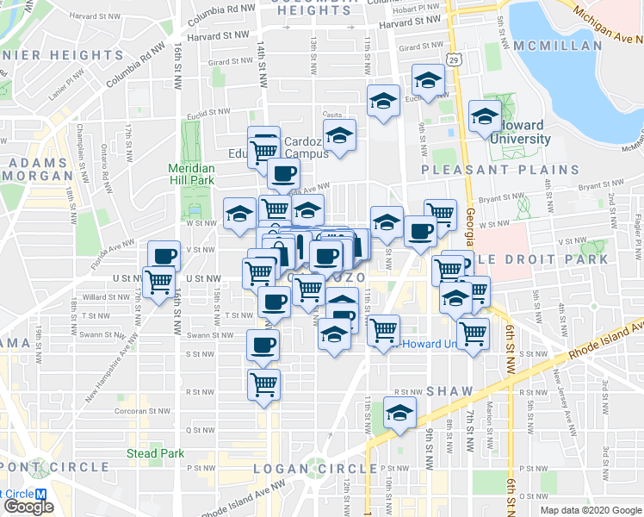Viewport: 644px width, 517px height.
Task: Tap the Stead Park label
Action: tap(155, 453)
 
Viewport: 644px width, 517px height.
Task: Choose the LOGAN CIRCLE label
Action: tap(315, 468)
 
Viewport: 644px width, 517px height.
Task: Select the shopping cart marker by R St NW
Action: tap(263, 384)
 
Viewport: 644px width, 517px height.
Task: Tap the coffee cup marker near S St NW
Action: tap(263, 345)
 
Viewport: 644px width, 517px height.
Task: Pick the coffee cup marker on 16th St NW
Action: tap(164, 255)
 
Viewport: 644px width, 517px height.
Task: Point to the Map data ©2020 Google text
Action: tap(591, 510)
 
